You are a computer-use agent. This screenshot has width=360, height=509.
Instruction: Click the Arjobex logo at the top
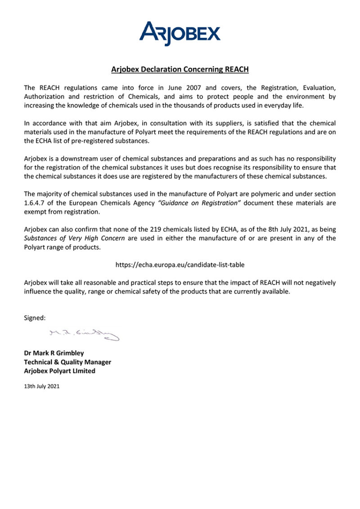pos(180,33)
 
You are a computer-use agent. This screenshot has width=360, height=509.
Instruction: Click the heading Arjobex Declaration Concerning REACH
pos(180,70)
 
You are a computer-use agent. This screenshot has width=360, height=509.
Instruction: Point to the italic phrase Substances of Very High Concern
pos(74,238)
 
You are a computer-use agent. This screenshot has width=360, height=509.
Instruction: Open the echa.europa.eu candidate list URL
pos(180,265)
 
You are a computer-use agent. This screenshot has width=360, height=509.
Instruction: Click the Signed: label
pos(35,318)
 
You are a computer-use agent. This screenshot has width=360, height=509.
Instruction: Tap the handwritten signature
pos(84,335)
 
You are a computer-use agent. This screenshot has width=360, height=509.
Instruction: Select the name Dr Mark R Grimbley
pos(54,353)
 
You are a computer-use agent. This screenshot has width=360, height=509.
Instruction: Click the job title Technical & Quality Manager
pos(67,362)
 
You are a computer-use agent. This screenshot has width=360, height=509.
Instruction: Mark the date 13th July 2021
pos(41,386)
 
